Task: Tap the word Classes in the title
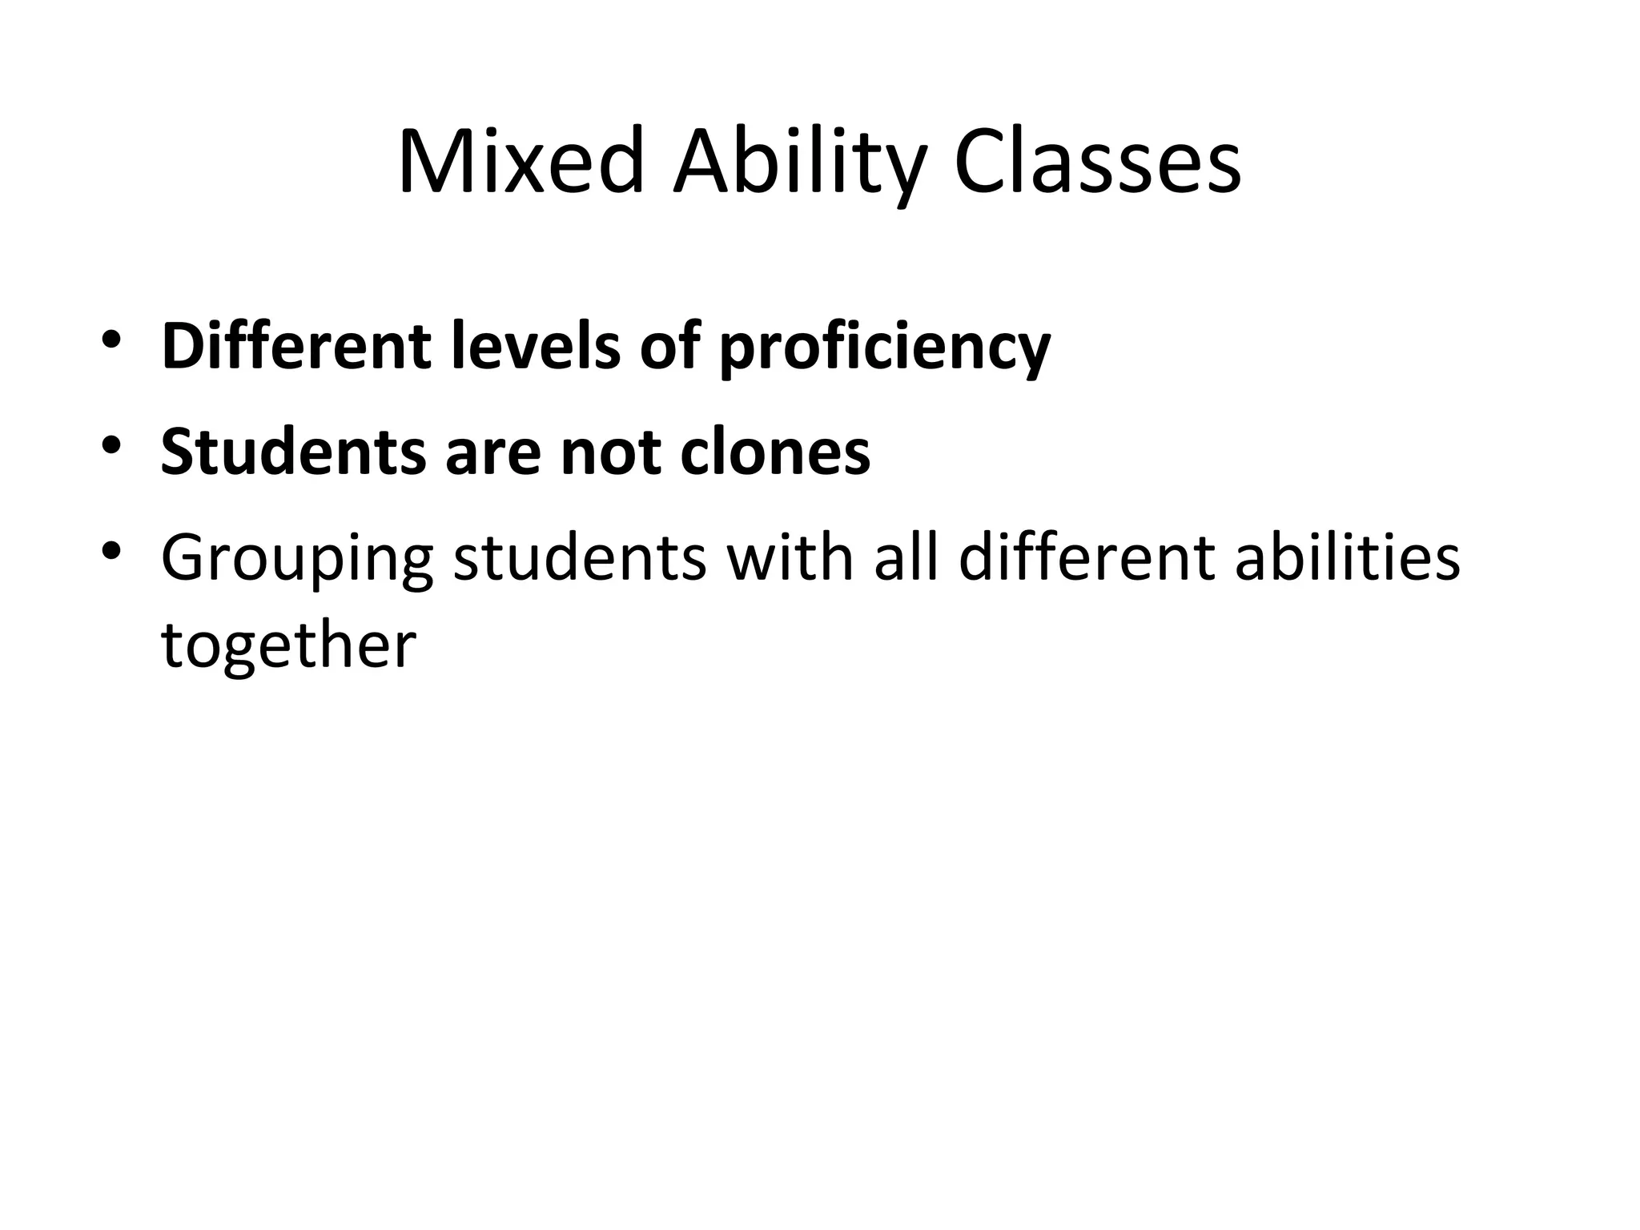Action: tap(1097, 163)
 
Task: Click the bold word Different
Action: tap(296, 346)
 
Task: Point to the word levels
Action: tap(535, 346)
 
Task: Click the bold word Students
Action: tap(293, 452)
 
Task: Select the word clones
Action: tap(774, 452)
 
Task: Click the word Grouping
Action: tap(297, 559)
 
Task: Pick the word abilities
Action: tap(1347, 557)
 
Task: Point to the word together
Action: tap(288, 645)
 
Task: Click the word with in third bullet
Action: tap(790, 557)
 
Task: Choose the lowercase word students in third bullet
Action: tap(580, 557)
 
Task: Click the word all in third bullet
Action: tap(906, 557)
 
